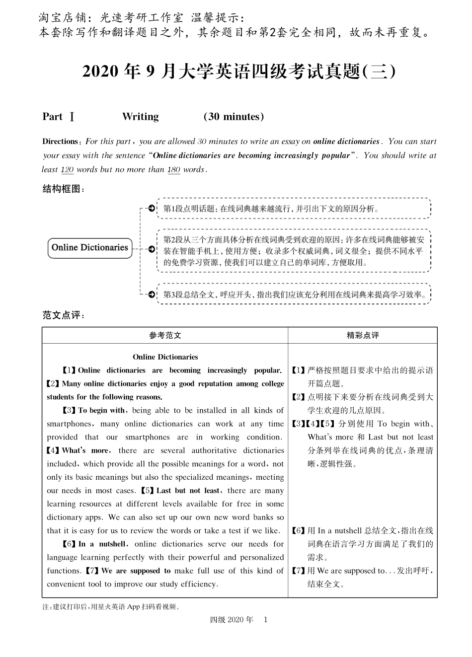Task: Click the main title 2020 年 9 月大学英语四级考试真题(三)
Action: (239, 73)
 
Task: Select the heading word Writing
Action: (140, 117)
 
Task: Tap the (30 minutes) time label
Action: (234, 117)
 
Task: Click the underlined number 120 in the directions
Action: (67, 169)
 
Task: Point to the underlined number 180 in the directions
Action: (174, 169)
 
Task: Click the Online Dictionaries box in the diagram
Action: (90, 248)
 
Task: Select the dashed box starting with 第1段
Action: (294, 209)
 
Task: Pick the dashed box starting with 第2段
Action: (294, 251)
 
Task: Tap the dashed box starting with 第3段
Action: (294, 294)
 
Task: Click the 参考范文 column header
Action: (165, 335)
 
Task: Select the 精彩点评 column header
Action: (363, 335)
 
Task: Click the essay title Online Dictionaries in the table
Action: (165, 357)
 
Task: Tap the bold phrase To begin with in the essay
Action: (102, 410)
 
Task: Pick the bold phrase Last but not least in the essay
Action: (188, 490)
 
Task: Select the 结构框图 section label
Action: (63, 189)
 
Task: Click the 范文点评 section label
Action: (63, 315)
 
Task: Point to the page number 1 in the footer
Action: (265, 619)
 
